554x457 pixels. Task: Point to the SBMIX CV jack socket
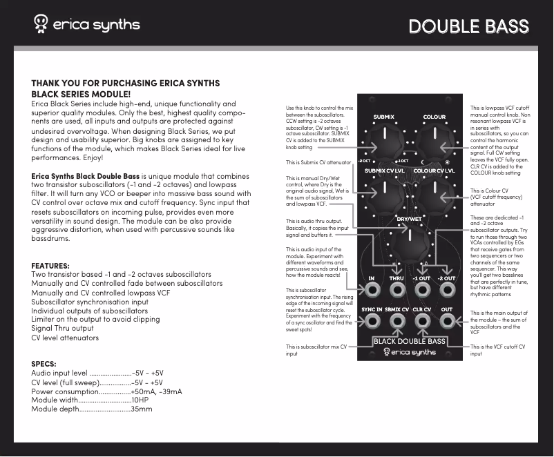397,321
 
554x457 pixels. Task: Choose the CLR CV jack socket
422,321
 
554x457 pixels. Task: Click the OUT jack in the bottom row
447,321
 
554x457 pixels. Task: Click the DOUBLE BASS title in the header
468,26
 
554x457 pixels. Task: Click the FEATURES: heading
50,266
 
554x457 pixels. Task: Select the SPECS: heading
45,364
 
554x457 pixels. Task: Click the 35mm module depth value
141,409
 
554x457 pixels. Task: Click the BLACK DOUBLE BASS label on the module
409,341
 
